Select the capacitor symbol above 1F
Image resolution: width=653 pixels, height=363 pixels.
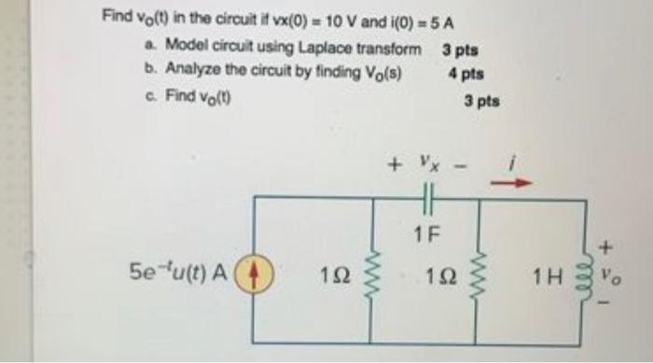pos(427,198)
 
